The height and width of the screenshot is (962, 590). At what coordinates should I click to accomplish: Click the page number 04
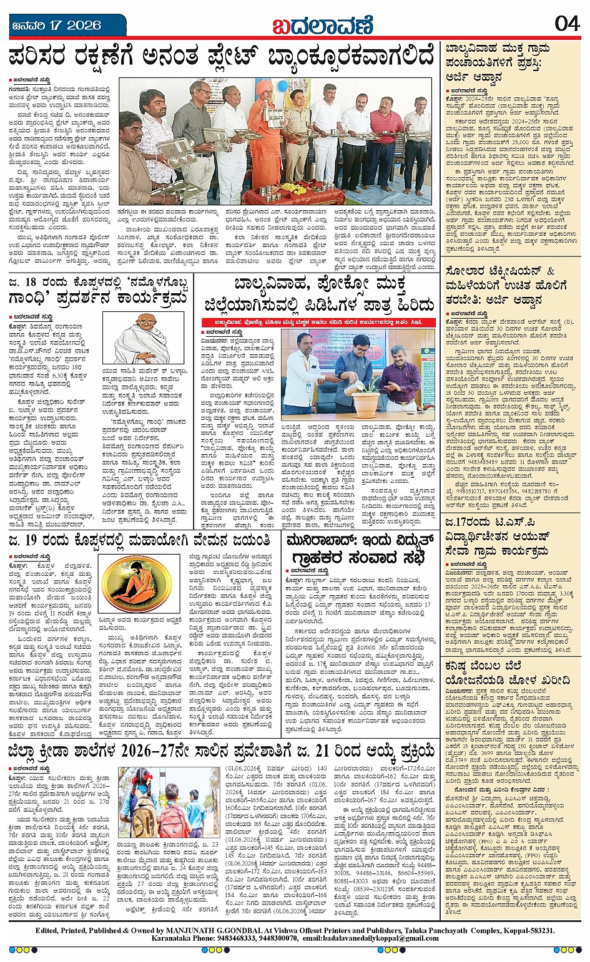click(566, 24)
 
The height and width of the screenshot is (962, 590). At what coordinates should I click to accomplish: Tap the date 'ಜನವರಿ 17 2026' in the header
click(57, 26)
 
